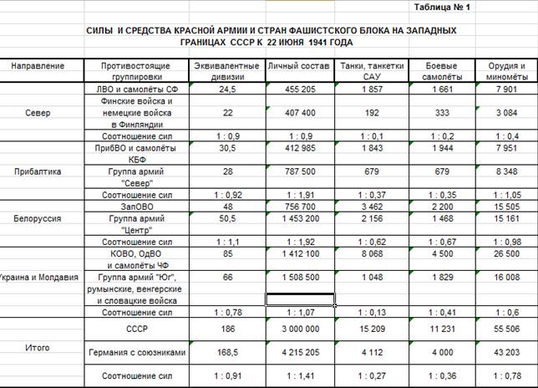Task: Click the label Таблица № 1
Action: pyautogui.click(x=443, y=8)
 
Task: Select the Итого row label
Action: pyautogui.click(x=37, y=346)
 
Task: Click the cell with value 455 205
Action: pyautogui.click(x=300, y=89)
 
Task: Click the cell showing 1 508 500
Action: pyautogui.click(x=300, y=277)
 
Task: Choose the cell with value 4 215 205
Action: pyautogui.click(x=300, y=354)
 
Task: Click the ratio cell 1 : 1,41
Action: pyautogui.click(x=300, y=376)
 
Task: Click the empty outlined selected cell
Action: pyautogui.click(x=300, y=299)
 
